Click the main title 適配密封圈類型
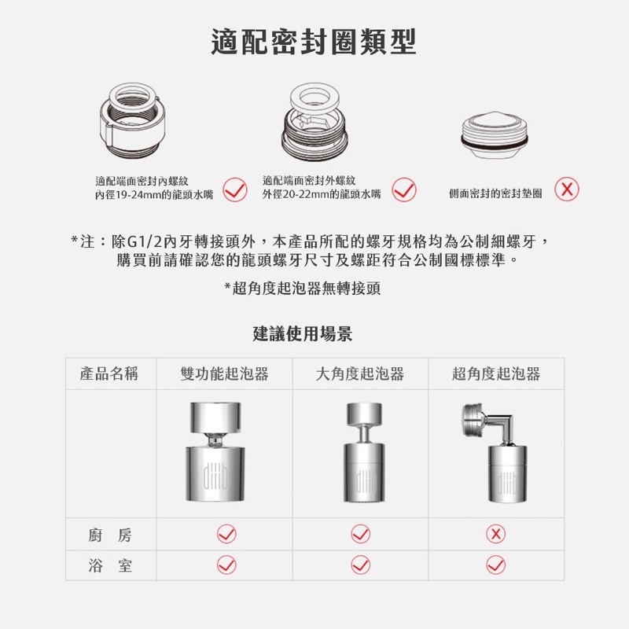(314, 42)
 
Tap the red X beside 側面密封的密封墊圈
(567, 189)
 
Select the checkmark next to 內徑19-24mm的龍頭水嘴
(235, 189)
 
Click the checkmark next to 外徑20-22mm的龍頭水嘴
(404, 189)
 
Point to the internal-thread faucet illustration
(133, 120)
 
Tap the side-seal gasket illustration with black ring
(495, 135)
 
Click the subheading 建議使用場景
(303, 333)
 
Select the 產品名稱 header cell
(109, 373)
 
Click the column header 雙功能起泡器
(224, 373)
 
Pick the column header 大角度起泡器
(360, 373)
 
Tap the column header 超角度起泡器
(496, 373)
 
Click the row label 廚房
(110, 535)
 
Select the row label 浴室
(110, 565)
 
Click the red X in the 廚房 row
(496, 534)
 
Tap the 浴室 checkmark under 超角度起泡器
(496, 565)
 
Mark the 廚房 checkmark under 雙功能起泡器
(226, 534)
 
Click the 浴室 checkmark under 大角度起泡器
(361, 565)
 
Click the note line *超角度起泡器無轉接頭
(303, 288)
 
